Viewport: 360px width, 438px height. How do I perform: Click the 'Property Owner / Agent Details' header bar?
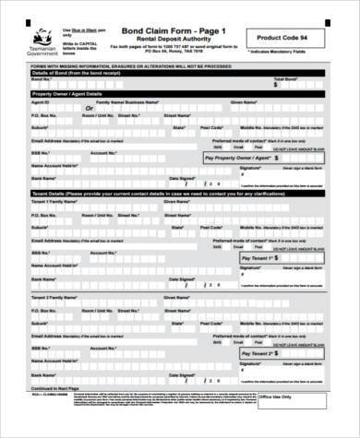point(175,93)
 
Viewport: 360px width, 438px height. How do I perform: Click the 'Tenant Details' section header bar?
point(175,192)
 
